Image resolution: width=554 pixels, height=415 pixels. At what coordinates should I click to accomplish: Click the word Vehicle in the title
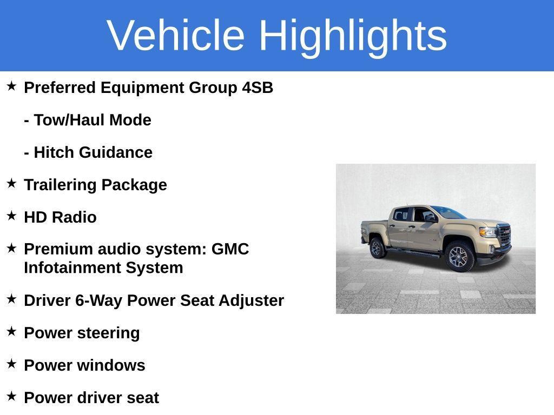[176, 35]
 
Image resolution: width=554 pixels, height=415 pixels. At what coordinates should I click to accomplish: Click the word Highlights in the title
[353, 35]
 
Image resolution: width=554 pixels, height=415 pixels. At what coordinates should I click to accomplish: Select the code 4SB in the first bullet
[258, 88]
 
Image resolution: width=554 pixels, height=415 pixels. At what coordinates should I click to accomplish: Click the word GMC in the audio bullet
[230, 249]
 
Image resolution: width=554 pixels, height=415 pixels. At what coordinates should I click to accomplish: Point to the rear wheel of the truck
[377, 247]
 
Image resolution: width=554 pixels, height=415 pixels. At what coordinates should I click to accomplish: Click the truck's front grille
[504, 236]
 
